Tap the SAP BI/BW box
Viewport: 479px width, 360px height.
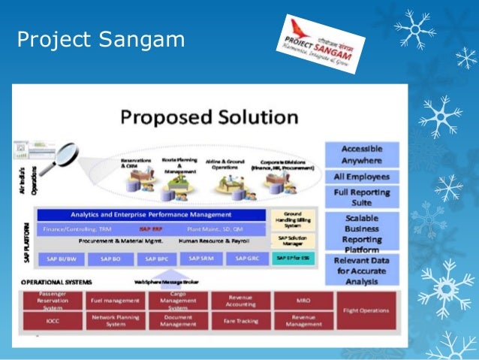point(62,259)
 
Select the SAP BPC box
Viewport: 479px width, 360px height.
point(155,259)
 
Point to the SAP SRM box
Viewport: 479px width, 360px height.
point(200,258)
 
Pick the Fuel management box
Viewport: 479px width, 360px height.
point(110,300)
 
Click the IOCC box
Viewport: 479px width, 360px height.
point(53,321)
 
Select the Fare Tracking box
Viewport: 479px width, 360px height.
point(239,321)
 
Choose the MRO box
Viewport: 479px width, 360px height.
point(303,300)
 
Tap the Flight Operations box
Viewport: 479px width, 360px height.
point(366,310)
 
